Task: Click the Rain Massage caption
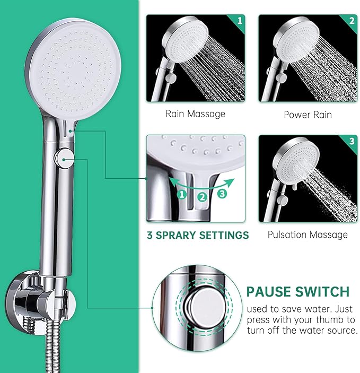point(195,114)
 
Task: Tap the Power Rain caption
point(308,114)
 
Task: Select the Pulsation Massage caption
point(308,234)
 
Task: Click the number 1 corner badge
point(240,20)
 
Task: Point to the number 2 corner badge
point(352,20)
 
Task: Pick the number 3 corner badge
point(352,141)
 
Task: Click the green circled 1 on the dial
point(182,195)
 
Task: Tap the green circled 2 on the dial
point(202,197)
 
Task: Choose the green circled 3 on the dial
point(222,194)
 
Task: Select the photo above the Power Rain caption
point(308,58)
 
